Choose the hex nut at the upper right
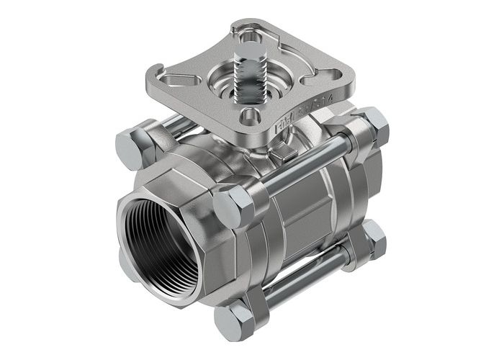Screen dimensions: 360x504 373,125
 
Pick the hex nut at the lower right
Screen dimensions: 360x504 373,238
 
